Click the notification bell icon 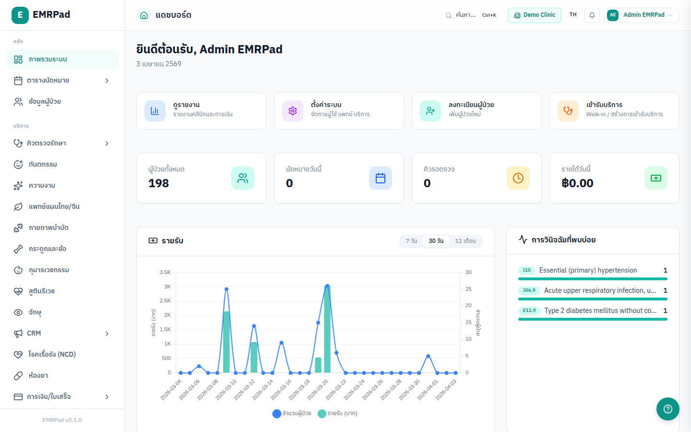(x=592, y=15)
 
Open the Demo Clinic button (x=534, y=15)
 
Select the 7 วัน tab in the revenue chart (x=411, y=241)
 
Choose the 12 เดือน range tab (x=465, y=241)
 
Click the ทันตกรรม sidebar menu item (x=43, y=165)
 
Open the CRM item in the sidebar (x=34, y=334)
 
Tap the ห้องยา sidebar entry (x=38, y=376)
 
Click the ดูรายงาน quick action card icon (x=155, y=111)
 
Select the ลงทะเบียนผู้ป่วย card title (x=471, y=105)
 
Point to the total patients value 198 (x=159, y=183)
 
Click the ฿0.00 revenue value (x=577, y=183)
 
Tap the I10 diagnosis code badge (x=526, y=270)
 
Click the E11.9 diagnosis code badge (x=529, y=311)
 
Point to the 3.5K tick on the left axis (x=165, y=272)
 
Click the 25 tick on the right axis (x=468, y=289)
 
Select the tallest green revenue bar (x=327, y=331)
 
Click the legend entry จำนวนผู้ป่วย (x=292, y=414)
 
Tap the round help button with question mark (x=667, y=409)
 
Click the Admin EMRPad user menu (x=641, y=15)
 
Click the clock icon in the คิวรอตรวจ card (x=518, y=178)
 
